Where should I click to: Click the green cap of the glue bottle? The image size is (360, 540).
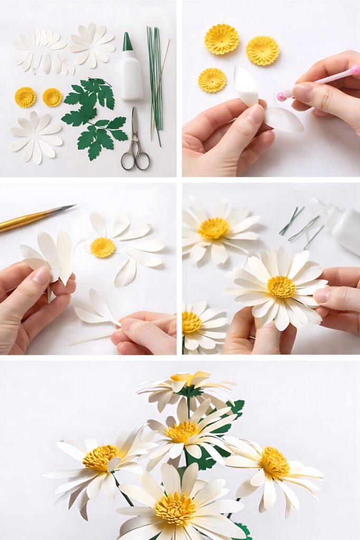coord(128,42)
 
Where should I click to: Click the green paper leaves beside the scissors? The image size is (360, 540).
coord(95,119)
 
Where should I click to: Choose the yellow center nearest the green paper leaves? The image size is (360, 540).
coord(52,97)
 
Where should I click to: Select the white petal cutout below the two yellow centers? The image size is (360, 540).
coord(36,137)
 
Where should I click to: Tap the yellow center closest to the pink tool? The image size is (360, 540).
coord(262,51)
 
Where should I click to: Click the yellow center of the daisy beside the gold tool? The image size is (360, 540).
coord(102,247)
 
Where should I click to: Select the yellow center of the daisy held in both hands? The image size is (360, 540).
coord(281,287)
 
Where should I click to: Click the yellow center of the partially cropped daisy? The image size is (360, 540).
coord(191,322)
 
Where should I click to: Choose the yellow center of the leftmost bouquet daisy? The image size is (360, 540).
coord(101,457)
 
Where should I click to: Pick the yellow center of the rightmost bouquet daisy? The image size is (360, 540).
coord(275,462)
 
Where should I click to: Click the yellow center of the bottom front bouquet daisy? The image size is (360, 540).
coord(175,509)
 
